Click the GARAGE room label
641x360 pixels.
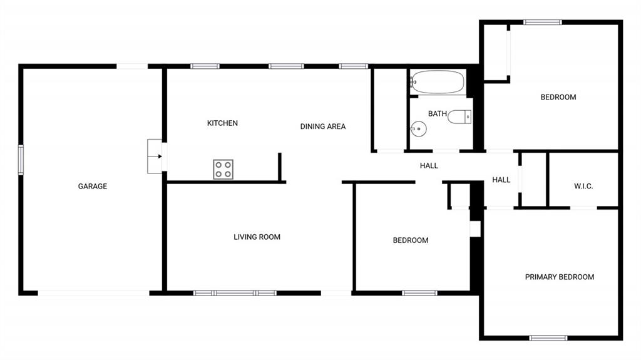click(93, 186)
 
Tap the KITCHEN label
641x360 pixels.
click(222, 123)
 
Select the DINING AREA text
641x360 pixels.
click(323, 127)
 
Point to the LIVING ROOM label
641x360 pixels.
click(257, 237)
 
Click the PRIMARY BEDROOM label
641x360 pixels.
click(559, 277)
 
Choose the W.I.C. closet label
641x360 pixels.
click(583, 186)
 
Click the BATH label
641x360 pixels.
click(438, 114)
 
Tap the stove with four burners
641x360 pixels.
click(223, 170)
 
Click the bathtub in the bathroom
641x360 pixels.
click(438, 82)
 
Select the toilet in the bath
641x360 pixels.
click(459, 117)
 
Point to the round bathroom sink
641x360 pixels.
click(418, 129)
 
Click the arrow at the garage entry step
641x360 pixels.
click(160, 157)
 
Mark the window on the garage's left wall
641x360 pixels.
click(21, 160)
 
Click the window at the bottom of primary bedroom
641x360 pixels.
click(548, 338)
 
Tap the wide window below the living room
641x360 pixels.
click(235, 293)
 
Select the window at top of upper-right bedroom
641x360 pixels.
click(543, 22)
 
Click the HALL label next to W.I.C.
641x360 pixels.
click(501, 180)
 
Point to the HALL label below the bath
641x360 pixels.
click(429, 166)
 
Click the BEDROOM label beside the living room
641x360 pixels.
click(411, 240)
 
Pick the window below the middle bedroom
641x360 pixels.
click(419, 293)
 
